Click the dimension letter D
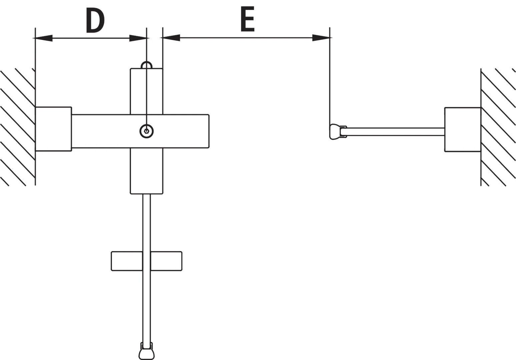[x=95, y=20]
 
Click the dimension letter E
[x=248, y=19]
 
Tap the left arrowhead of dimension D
[x=43, y=38]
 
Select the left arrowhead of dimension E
[x=170, y=38]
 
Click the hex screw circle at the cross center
[x=147, y=131]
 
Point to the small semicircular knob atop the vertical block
[x=147, y=65]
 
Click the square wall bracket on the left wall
[x=53, y=129]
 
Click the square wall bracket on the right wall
[x=463, y=129]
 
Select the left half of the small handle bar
[x=127, y=261]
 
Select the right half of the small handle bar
[x=166, y=261]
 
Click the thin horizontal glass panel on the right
[x=393, y=132]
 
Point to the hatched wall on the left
[x=18, y=127]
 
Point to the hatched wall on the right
[x=498, y=127]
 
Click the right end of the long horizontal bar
[x=209, y=131]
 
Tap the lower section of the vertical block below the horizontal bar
[x=147, y=171]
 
